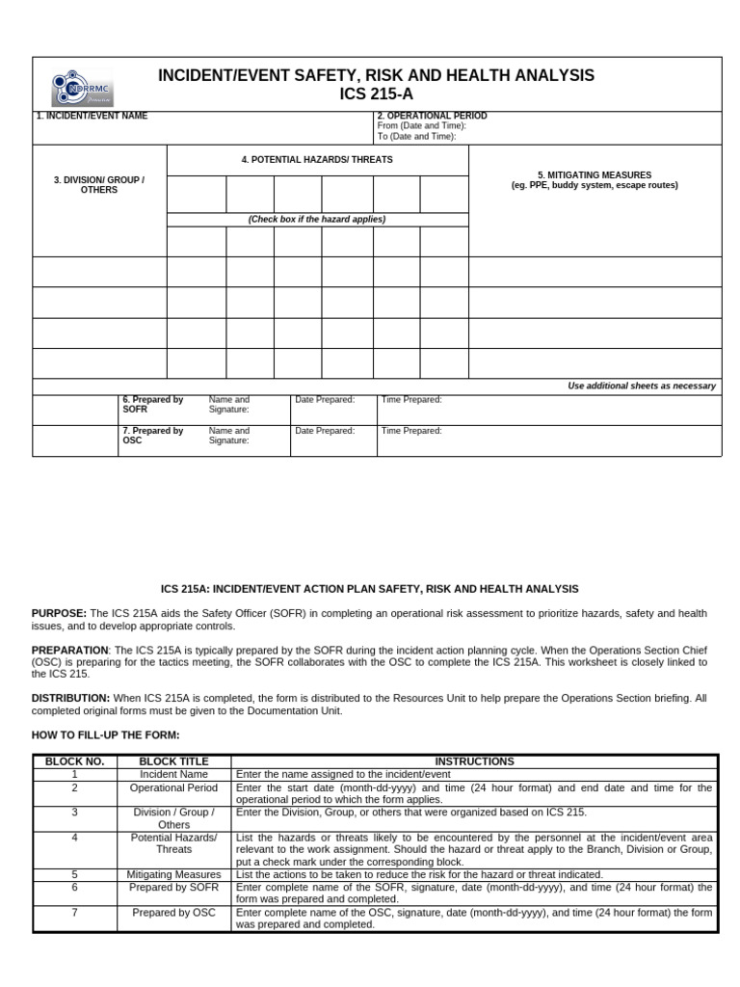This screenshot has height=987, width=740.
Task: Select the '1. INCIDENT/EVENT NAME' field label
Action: click(92, 117)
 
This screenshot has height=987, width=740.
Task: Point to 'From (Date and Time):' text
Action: click(422, 126)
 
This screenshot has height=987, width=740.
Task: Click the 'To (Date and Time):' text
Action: click(416, 137)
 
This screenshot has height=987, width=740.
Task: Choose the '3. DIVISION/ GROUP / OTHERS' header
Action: click(99, 185)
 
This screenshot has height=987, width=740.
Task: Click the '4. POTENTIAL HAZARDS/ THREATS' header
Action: click(317, 159)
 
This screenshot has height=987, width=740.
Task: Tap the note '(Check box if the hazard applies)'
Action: click(317, 220)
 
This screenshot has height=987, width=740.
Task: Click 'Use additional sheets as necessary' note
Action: click(642, 387)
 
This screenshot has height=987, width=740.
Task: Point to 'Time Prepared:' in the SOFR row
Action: click(411, 399)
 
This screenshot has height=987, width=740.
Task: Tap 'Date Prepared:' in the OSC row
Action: click(325, 431)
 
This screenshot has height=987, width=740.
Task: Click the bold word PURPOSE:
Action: click(59, 613)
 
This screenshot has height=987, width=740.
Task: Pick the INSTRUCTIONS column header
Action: click(474, 761)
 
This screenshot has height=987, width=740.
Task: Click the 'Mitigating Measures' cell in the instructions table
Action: click(173, 875)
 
